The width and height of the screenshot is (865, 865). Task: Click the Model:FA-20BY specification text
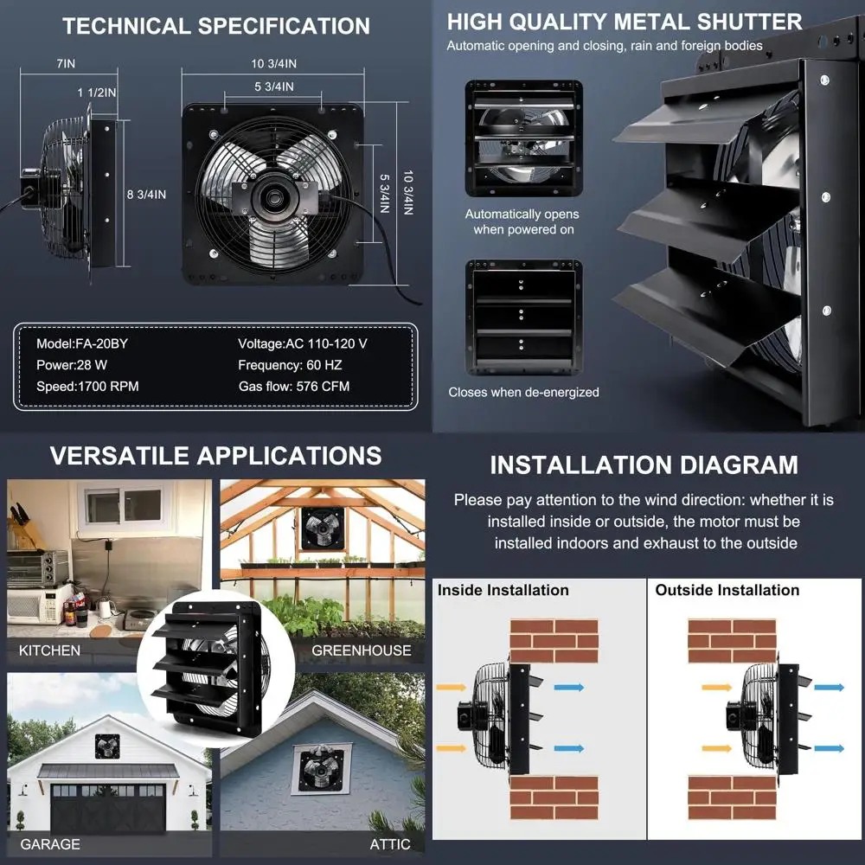82,343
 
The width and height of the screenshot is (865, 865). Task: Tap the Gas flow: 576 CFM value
294,386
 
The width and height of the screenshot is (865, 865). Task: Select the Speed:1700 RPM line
87,386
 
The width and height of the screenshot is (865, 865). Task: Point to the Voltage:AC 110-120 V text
302,343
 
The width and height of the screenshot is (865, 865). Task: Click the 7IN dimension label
66,63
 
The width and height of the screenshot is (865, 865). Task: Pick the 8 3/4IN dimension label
146,194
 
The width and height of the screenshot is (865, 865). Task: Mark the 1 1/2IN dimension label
97,93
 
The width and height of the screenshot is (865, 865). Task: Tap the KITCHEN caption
49,650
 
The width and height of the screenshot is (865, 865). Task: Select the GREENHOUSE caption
362,650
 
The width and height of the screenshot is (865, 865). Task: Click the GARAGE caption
50,844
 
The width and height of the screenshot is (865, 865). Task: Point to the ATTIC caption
390,844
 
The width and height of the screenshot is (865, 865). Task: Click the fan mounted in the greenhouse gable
323,529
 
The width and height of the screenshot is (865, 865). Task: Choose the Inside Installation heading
503,590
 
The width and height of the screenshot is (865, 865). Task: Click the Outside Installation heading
727,590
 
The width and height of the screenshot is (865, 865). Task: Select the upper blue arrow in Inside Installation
569,688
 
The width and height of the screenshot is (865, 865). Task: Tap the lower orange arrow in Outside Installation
717,748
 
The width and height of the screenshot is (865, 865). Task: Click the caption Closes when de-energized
523,392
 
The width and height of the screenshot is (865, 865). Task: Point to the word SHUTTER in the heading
750,22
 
